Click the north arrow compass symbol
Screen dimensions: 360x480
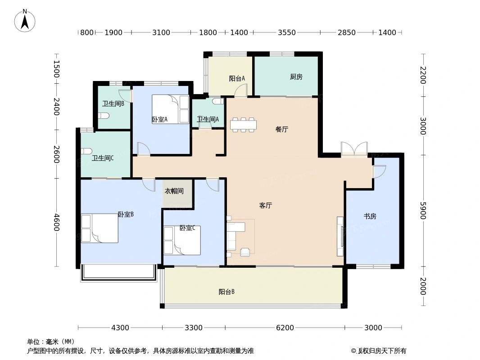[x=25, y=21]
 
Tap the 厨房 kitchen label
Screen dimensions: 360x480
[x=296, y=77]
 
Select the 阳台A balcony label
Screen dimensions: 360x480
[x=237, y=78]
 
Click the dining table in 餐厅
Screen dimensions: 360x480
[x=243, y=125]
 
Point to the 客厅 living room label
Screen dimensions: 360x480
[x=266, y=206]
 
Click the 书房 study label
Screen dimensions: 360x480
[x=370, y=216]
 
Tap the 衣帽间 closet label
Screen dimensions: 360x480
[x=174, y=191]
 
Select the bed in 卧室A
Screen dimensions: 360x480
[x=170, y=109]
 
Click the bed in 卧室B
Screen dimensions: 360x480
[x=100, y=228]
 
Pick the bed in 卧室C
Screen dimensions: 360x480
[x=182, y=240]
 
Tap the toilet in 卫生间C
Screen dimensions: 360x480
[x=86, y=151]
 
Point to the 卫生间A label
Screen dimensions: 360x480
[x=208, y=119]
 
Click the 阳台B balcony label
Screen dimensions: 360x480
[x=226, y=292]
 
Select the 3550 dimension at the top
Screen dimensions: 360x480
[x=286, y=32]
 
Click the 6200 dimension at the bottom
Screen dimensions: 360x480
[x=285, y=328]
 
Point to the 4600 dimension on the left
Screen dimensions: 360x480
[x=56, y=222]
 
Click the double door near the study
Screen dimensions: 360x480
[x=354, y=149]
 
